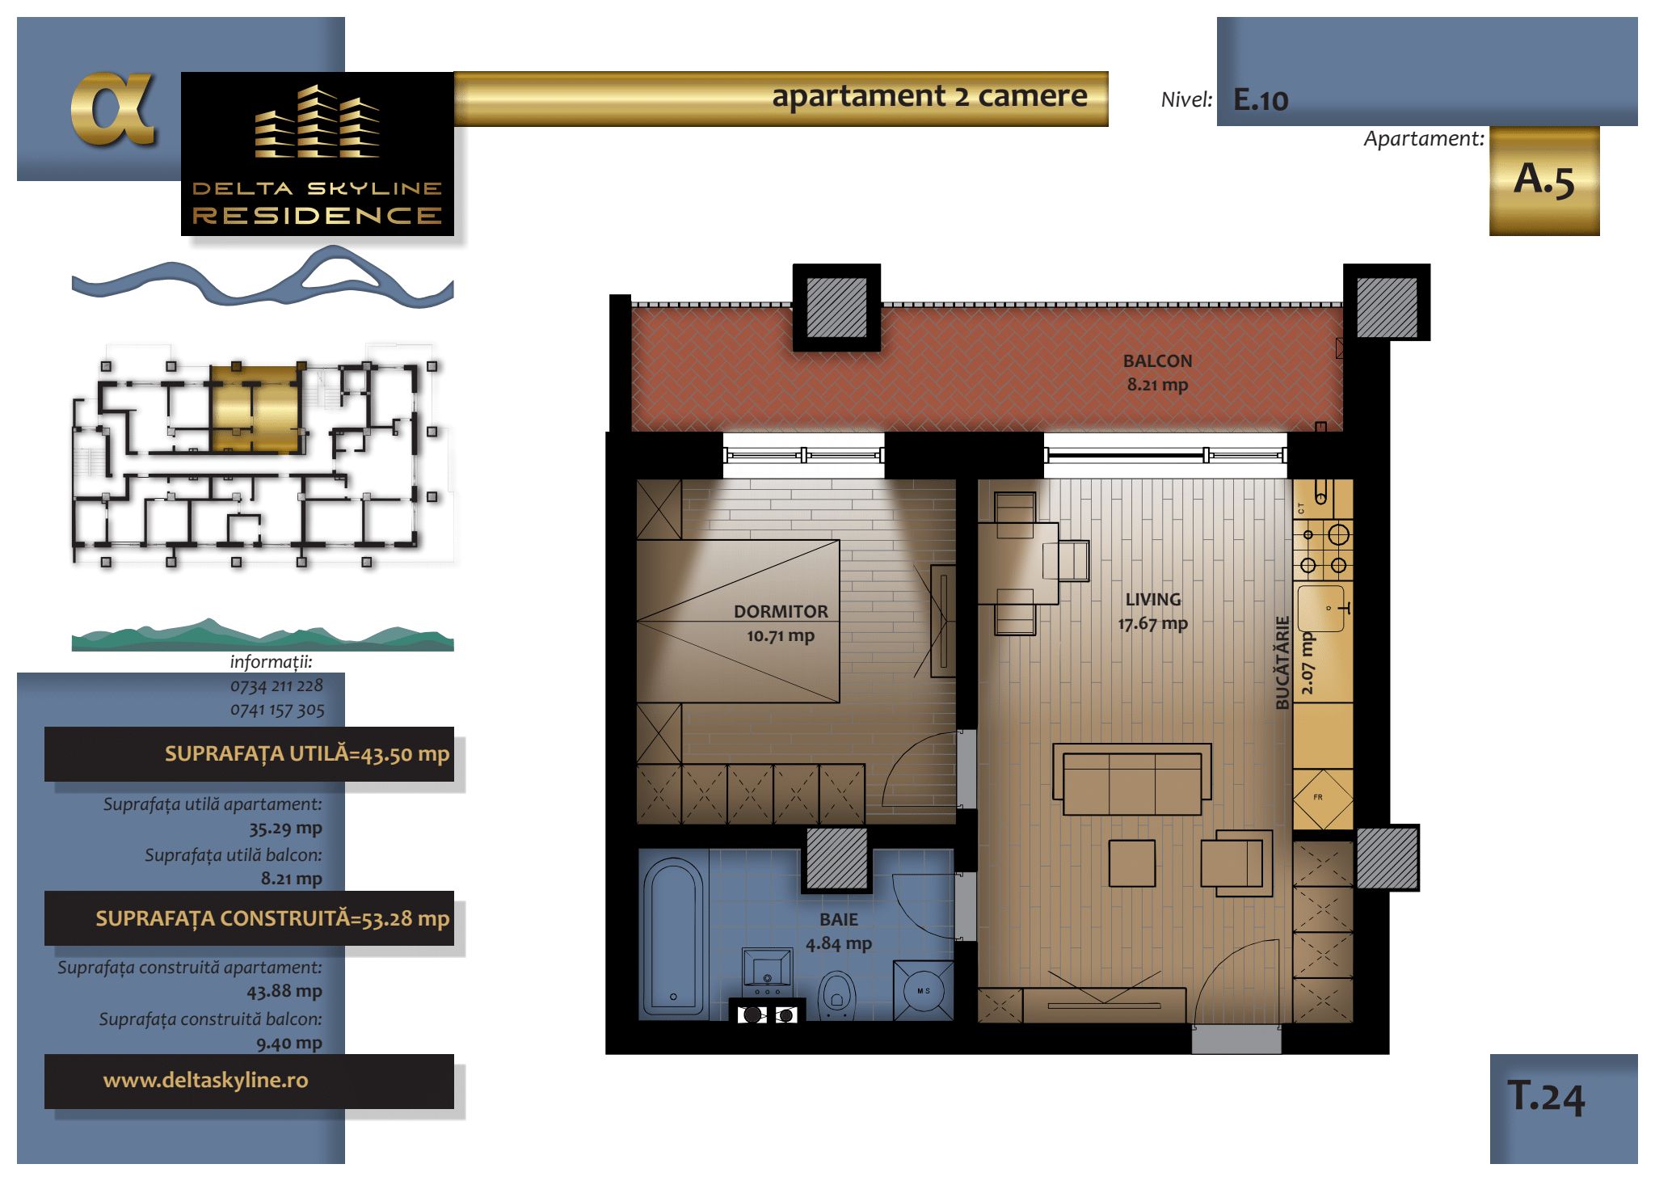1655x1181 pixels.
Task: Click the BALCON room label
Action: click(1157, 361)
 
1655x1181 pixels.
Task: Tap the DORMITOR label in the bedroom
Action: click(781, 612)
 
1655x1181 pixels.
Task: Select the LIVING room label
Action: click(1153, 600)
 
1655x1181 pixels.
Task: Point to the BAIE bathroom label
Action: click(839, 920)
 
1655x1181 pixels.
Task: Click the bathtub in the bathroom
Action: click(673, 936)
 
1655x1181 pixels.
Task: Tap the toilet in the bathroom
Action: click(836, 995)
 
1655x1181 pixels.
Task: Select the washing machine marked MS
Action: click(923, 990)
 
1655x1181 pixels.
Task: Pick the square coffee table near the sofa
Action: click(1131, 863)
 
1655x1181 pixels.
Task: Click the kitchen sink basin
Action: click(1320, 608)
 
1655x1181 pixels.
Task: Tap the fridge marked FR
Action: click(1323, 799)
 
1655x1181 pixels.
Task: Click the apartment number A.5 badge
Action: click(1544, 180)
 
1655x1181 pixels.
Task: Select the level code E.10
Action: click(1261, 100)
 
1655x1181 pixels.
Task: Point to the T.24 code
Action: click(1546, 1097)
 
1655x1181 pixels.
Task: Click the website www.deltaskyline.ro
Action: click(205, 1080)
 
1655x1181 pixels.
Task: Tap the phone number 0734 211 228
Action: click(276, 686)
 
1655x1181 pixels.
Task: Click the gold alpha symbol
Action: click(112, 109)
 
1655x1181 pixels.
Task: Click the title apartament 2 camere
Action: click(929, 96)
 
